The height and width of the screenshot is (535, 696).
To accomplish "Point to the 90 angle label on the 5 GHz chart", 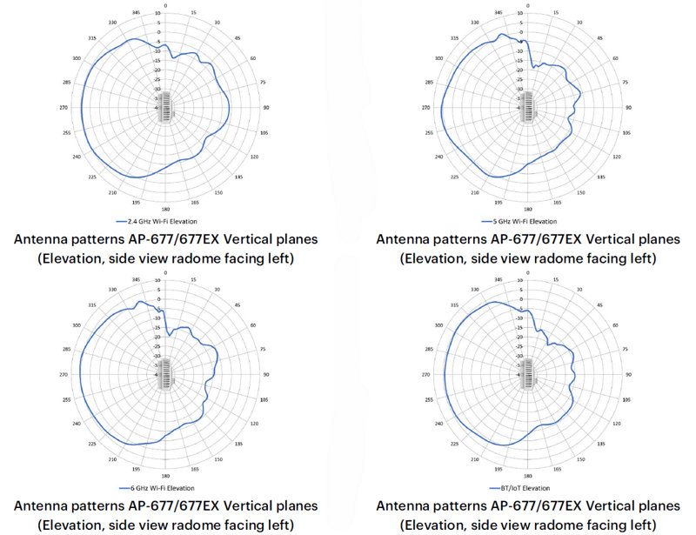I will [x=627, y=108].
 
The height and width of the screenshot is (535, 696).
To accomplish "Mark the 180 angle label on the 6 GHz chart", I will [x=164, y=477].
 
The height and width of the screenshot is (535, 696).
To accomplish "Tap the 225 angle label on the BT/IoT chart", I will [x=454, y=444].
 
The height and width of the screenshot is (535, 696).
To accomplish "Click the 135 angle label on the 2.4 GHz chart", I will [x=238, y=177].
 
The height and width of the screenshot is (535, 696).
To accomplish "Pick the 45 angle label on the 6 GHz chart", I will [x=238, y=306].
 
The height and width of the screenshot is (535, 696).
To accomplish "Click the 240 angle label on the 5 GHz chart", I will [x=438, y=157].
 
